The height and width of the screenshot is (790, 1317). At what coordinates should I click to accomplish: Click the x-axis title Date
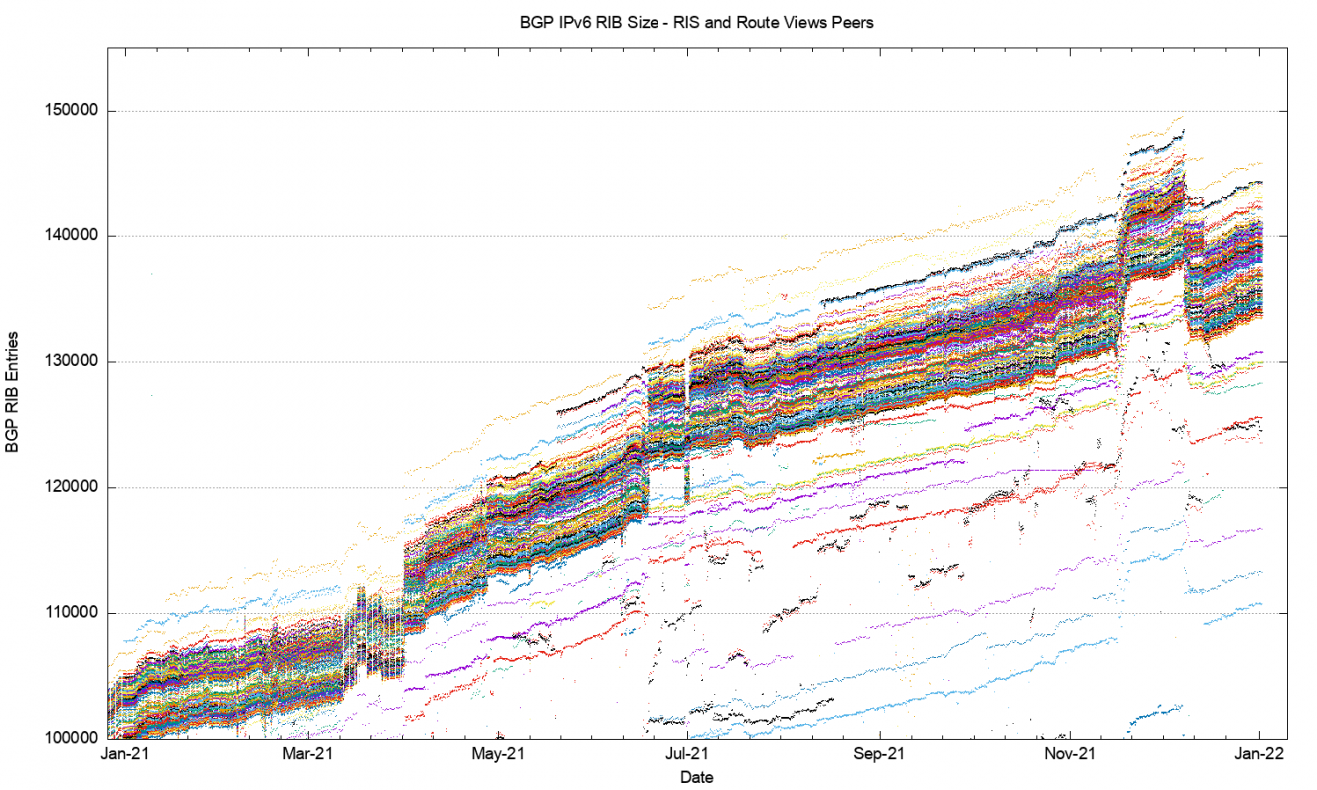[x=696, y=776]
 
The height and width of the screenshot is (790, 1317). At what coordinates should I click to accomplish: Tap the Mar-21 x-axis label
[x=311, y=755]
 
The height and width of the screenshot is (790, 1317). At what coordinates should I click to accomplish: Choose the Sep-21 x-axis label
[x=880, y=755]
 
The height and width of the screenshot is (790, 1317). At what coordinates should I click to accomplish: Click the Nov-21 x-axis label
[x=1070, y=755]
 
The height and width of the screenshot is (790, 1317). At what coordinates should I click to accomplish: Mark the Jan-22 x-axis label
[x=1259, y=755]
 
